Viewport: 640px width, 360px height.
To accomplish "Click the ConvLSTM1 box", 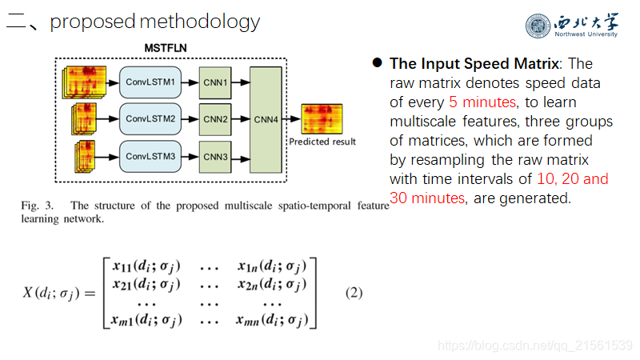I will click(x=151, y=82).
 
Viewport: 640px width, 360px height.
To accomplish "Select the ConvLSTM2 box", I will click(x=151, y=119).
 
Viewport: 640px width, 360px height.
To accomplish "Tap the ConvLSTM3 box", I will click(x=151, y=156).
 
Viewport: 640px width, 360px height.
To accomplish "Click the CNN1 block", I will click(x=215, y=82).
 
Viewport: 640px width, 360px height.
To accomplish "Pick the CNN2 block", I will click(x=215, y=119).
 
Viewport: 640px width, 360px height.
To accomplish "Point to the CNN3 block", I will click(x=215, y=156).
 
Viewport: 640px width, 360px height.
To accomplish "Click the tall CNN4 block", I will click(x=265, y=119).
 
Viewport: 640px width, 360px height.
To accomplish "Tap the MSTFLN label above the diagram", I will click(x=166, y=49).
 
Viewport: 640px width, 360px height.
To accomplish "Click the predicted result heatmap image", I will click(x=321, y=118).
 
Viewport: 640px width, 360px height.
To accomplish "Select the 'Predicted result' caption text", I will click(x=322, y=142).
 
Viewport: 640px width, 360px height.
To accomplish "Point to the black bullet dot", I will click(x=375, y=63).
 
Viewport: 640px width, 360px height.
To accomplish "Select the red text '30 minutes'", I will click(x=426, y=198).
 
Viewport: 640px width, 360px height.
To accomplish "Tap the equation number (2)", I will click(x=354, y=293).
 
